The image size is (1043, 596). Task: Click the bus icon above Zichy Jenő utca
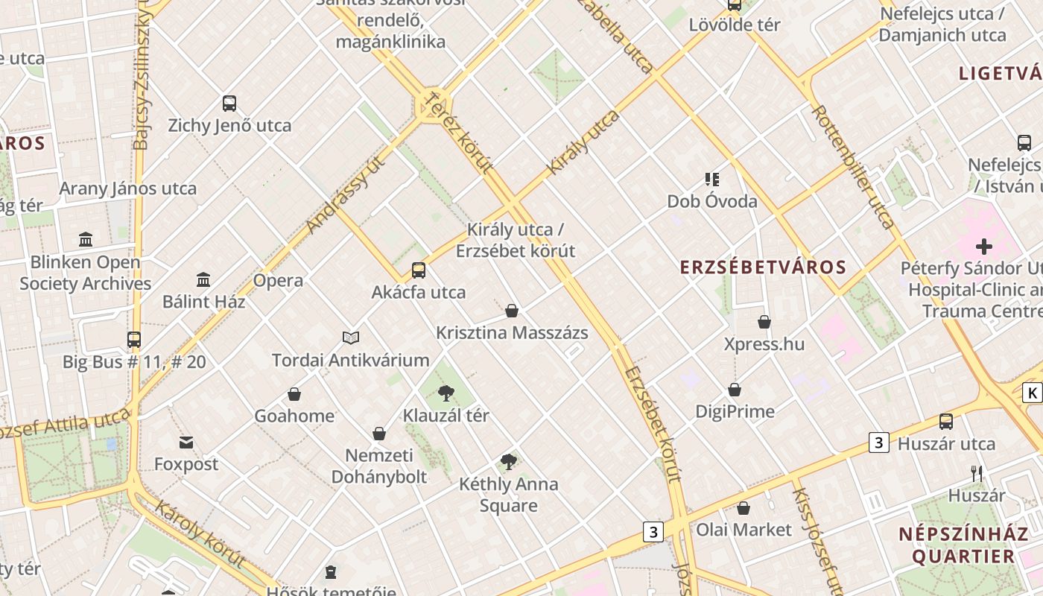click(x=229, y=104)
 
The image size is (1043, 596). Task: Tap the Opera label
click(x=278, y=281)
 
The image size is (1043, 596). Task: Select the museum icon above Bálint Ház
click(x=203, y=279)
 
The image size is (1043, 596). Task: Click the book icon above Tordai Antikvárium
click(x=351, y=338)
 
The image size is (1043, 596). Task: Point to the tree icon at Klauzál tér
click(x=446, y=393)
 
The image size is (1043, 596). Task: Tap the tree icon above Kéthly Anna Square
click(x=509, y=462)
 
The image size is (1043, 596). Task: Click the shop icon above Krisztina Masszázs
click(x=512, y=311)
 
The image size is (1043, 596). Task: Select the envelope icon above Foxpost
click(x=186, y=443)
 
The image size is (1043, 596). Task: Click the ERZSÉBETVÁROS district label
click(x=763, y=267)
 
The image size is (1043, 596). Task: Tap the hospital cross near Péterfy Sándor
click(x=984, y=247)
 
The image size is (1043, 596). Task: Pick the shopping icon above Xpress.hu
click(x=764, y=322)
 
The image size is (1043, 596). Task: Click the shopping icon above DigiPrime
click(x=735, y=390)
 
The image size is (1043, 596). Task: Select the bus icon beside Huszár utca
click(x=946, y=422)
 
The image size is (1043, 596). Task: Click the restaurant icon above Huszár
click(x=977, y=473)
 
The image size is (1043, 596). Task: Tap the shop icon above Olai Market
click(x=744, y=508)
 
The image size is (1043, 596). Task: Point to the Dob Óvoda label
click(x=712, y=201)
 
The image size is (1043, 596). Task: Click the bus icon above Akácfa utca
click(x=419, y=270)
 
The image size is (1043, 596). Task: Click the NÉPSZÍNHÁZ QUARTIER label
click(x=957, y=545)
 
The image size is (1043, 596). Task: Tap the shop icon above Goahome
click(x=294, y=394)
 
